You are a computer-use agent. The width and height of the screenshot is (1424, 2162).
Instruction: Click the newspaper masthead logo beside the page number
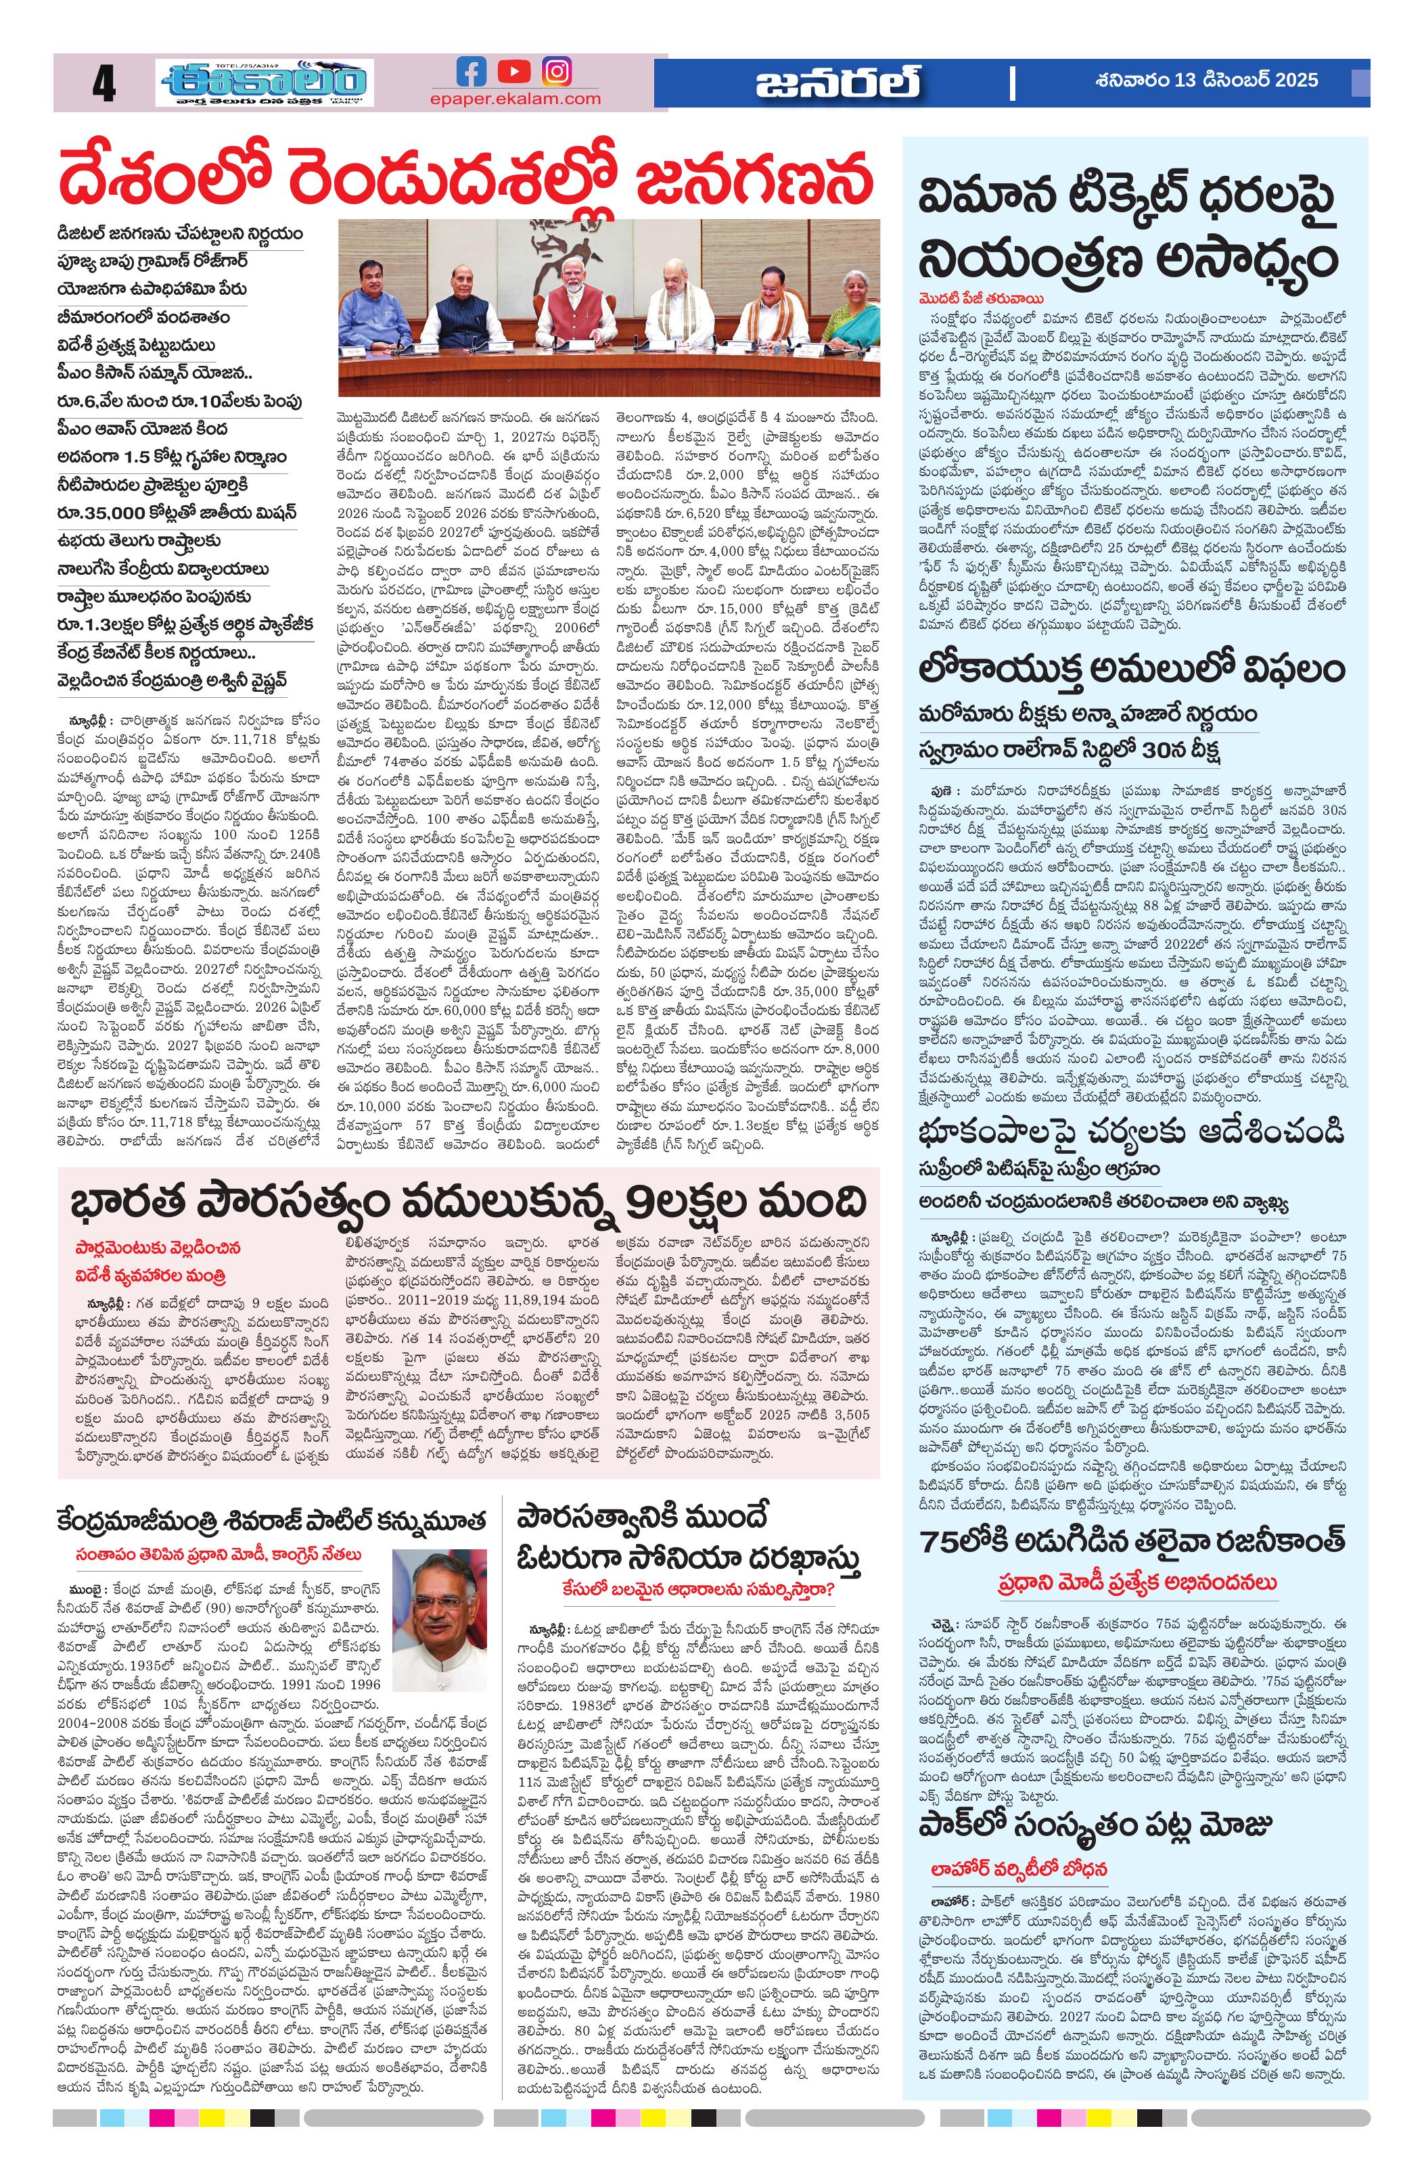pyautogui.click(x=265, y=85)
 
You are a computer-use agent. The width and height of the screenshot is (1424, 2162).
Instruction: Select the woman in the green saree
pyautogui.click(x=855, y=309)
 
